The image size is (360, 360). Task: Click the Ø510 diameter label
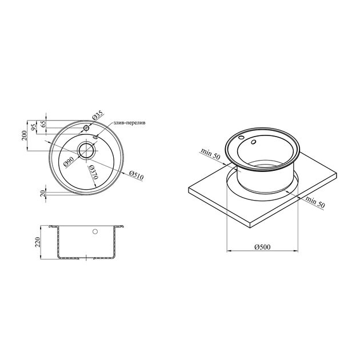[136, 175]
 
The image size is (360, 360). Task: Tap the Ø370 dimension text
[94, 172]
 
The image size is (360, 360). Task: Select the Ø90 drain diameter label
[69, 161]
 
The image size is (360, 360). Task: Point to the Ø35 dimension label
[98, 115]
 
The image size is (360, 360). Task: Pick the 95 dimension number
[34, 127]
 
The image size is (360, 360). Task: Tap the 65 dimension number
[43, 124]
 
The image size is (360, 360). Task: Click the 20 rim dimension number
[43, 193]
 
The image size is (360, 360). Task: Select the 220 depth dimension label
[37, 242]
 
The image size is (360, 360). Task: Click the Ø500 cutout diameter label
[262, 247]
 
